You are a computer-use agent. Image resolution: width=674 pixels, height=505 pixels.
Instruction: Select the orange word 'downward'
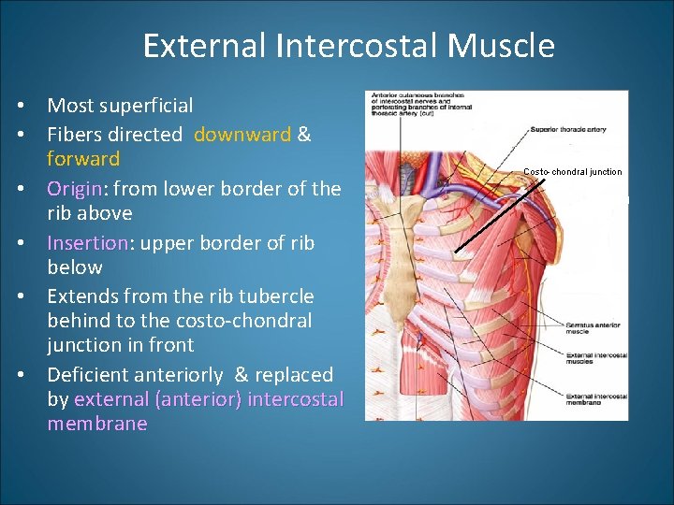[242, 135]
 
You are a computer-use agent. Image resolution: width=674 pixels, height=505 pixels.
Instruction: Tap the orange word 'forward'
[83, 159]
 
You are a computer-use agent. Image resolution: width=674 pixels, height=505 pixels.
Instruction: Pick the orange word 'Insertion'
[87, 243]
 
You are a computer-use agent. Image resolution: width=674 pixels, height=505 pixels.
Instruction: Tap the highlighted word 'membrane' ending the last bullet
[97, 424]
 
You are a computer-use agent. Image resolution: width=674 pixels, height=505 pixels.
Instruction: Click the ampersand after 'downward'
[303, 135]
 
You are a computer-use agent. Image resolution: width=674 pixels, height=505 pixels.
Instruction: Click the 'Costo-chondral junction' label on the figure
[572, 171]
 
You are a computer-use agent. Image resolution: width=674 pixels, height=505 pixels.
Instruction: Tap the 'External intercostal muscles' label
[593, 357]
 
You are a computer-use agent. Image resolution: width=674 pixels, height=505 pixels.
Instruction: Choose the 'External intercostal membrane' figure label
[595, 399]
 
